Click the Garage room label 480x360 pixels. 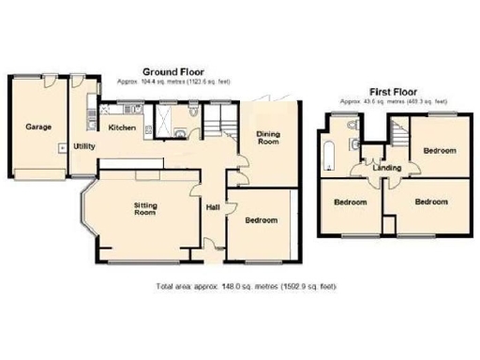pyautogui.click(x=37, y=127)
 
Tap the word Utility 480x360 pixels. pyautogui.click(x=85, y=147)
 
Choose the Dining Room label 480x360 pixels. pyautogui.click(x=269, y=138)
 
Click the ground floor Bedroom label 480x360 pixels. pyautogui.click(x=262, y=220)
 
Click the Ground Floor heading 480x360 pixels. pyautogui.click(x=175, y=71)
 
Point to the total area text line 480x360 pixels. pyautogui.click(x=246, y=286)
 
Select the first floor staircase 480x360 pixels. pyautogui.click(x=400, y=136)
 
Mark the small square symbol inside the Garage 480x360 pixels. pyautogui.click(x=62, y=147)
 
